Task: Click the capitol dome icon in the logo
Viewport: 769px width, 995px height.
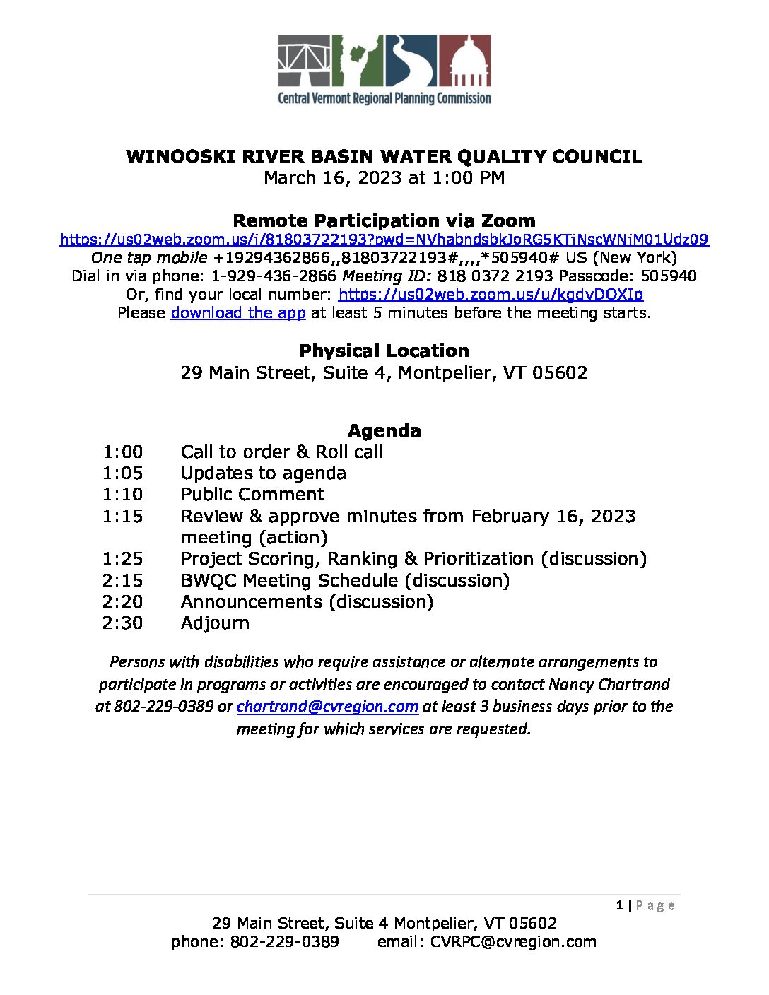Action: point(465,61)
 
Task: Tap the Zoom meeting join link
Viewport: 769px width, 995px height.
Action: point(384,240)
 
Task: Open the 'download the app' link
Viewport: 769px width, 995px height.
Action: point(238,312)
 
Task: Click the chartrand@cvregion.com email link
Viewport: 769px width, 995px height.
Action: point(327,706)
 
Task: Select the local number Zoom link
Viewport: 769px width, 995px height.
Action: point(491,294)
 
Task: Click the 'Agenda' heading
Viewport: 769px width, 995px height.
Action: point(384,430)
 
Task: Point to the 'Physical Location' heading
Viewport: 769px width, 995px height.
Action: point(384,351)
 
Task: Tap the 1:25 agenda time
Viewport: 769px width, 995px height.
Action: point(122,558)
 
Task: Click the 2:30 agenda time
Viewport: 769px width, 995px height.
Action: point(122,623)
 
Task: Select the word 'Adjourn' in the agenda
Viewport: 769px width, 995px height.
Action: point(215,623)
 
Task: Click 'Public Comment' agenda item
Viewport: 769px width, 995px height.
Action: point(252,494)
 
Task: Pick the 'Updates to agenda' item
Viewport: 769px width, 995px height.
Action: point(263,473)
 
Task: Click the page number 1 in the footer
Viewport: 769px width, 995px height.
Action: point(620,905)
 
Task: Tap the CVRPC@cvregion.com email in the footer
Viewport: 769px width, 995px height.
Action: point(513,941)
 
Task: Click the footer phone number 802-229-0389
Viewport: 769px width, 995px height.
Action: point(284,941)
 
